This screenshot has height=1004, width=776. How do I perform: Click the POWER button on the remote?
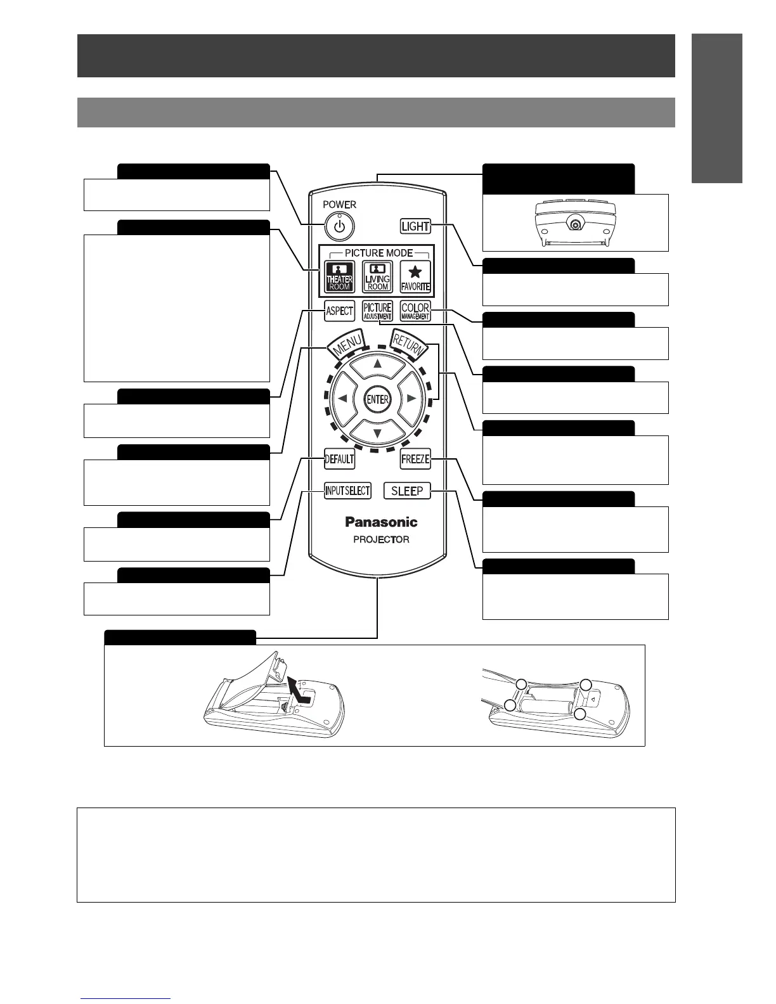(x=340, y=226)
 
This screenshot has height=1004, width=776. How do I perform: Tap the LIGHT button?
(x=415, y=226)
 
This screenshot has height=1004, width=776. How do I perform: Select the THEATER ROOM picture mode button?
(x=339, y=277)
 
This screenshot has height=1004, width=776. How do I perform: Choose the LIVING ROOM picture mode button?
(x=377, y=277)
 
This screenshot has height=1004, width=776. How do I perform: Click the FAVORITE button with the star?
(x=415, y=277)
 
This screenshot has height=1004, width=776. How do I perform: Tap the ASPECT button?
(x=339, y=311)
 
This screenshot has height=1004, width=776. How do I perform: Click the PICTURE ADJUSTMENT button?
(x=377, y=311)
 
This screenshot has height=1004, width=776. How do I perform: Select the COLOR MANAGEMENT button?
(x=415, y=311)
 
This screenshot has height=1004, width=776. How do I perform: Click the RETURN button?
(x=408, y=345)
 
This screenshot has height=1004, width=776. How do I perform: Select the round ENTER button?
(x=378, y=399)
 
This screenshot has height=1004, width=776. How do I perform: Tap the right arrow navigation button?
(x=411, y=399)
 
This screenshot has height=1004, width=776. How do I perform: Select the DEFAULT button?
(x=339, y=459)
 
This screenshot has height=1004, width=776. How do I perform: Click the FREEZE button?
(x=415, y=459)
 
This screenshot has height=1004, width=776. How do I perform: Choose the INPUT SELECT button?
(x=347, y=491)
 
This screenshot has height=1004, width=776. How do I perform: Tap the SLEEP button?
(x=407, y=491)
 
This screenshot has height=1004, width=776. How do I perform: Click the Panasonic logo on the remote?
(x=381, y=522)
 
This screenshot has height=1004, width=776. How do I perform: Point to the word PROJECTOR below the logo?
(x=381, y=539)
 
